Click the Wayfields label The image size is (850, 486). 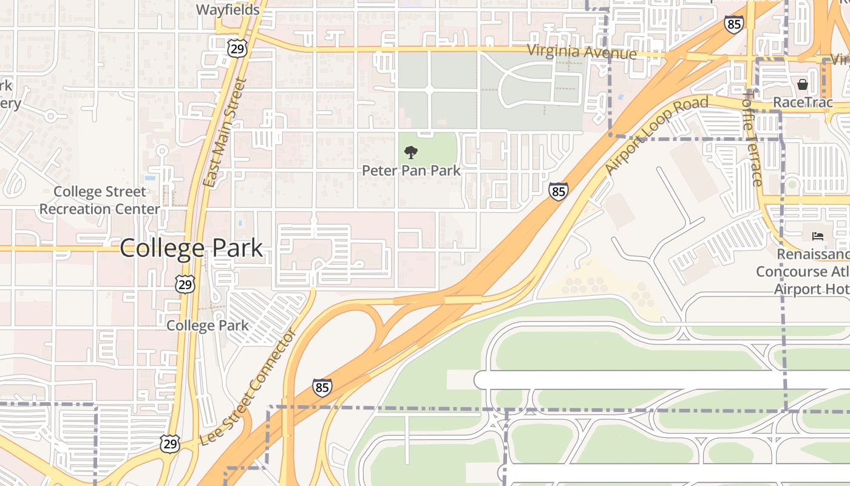[228, 10]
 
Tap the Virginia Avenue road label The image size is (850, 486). [582, 52]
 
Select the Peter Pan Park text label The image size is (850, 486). [411, 171]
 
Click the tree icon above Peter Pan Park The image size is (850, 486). [411, 152]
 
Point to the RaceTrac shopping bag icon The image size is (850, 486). [803, 84]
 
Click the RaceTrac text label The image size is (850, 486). [803, 102]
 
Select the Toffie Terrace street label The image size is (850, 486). [752, 139]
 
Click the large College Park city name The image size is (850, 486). [191, 248]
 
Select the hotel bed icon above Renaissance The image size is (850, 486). [817, 236]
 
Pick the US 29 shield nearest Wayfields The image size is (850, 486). [238, 49]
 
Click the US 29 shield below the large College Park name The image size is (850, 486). [186, 284]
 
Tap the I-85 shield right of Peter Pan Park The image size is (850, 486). [559, 191]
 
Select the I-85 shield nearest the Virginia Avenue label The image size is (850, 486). [733, 25]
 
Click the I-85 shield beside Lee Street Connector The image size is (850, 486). [322, 387]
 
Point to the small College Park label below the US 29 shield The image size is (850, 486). [208, 325]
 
